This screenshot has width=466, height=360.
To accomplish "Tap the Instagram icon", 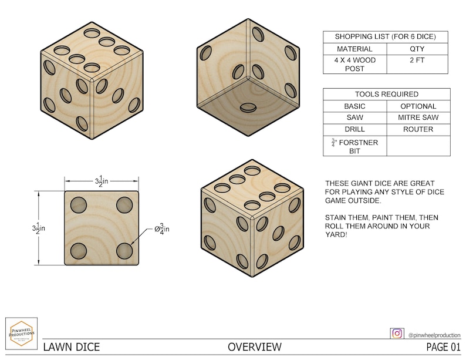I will (397, 333).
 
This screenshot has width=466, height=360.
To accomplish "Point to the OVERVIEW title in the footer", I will (255, 347).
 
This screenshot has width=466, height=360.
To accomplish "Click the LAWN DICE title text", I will (70, 347).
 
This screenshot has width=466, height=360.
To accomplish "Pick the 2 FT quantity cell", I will (418, 60).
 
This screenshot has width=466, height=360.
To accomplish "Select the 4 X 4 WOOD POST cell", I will (354, 64).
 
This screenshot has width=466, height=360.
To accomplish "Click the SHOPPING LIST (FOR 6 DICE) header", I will (386, 36).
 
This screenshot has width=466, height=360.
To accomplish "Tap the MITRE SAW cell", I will (418, 117).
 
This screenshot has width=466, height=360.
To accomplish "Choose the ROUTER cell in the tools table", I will (418, 129).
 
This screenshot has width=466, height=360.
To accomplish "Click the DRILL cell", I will (354, 129).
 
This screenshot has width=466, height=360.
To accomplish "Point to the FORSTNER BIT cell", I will (354, 146).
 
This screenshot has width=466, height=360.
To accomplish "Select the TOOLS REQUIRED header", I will (386, 94).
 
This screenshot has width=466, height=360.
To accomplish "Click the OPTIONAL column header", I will (418, 106).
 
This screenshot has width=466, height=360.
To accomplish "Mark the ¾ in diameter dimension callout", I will (161, 228).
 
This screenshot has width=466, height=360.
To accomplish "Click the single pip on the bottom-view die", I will (249, 107).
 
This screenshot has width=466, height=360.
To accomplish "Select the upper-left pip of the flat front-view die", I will (79, 205).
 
